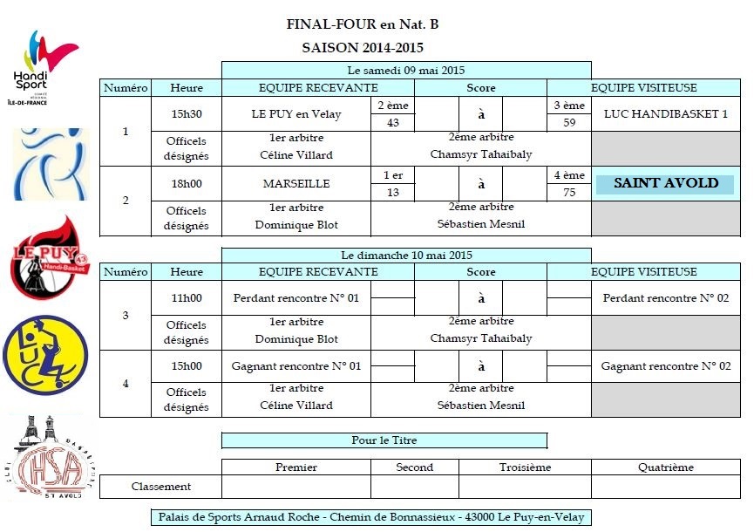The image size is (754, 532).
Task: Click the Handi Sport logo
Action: (x=44, y=67)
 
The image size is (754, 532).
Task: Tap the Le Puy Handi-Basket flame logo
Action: (x=49, y=257)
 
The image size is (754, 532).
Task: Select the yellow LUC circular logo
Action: (x=45, y=355)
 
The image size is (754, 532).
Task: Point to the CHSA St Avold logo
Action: (x=50, y=457)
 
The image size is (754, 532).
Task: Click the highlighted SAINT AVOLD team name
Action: (x=665, y=183)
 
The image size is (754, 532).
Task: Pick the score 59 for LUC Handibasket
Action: (x=569, y=123)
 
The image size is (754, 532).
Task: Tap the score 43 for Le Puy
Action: (x=393, y=123)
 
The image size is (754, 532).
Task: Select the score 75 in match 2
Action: (x=569, y=193)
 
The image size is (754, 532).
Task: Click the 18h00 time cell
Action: (x=187, y=184)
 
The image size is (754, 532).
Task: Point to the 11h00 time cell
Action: (x=187, y=298)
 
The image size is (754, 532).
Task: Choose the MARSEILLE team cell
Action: (x=296, y=184)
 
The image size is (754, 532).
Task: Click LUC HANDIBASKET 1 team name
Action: (x=665, y=114)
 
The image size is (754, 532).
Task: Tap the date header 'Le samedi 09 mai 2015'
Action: (x=406, y=71)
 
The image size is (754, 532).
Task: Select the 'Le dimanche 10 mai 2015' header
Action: (x=406, y=255)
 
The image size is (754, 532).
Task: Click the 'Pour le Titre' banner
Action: (x=384, y=440)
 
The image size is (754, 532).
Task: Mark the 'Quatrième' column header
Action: (x=665, y=467)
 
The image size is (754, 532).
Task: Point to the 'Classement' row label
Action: (x=161, y=487)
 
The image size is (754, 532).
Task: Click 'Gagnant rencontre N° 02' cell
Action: (x=665, y=366)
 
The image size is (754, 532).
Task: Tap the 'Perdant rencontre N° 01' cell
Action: (x=296, y=298)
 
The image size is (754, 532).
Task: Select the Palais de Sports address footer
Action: (x=371, y=517)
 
